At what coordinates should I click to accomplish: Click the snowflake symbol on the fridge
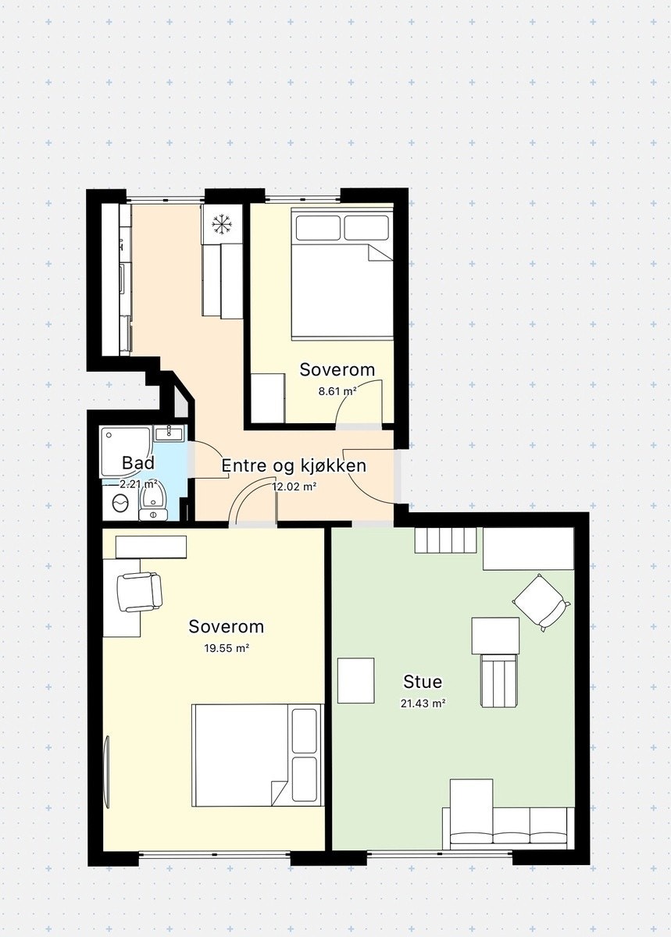click(223, 225)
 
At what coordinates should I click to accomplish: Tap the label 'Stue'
click(423, 682)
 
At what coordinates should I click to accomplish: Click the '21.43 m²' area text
click(423, 703)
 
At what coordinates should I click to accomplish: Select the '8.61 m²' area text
click(337, 391)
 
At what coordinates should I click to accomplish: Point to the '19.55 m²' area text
click(227, 648)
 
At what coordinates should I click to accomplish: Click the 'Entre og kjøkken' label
click(294, 466)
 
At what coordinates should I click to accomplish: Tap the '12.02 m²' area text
click(294, 486)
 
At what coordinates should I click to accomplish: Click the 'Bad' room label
click(138, 463)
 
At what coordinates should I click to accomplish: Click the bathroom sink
click(168, 433)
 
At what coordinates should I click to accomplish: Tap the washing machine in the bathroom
click(120, 504)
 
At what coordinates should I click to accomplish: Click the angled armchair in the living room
click(540, 600)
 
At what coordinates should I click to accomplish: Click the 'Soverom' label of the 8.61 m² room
click(337, 370)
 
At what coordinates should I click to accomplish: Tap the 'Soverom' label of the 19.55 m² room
click(227, 626)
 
